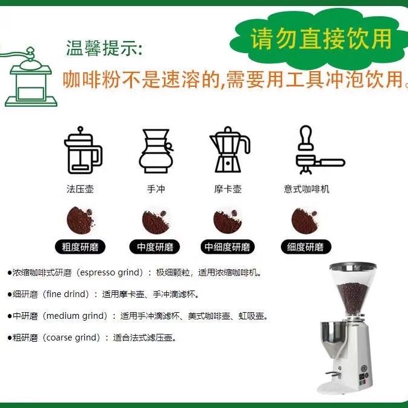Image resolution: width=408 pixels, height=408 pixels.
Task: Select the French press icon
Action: [81, 150]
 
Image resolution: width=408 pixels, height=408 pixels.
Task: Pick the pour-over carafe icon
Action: [155, 151]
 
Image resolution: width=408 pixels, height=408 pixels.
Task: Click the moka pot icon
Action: [229, 150]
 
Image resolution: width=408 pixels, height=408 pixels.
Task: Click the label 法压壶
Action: [80, 189]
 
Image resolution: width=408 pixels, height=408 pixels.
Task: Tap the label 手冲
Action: [155, 189]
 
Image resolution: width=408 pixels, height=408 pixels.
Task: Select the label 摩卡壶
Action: [228, 189]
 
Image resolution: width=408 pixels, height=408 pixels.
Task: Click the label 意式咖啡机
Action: [307, 189]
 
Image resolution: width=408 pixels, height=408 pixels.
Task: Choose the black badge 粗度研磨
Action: [80, 246]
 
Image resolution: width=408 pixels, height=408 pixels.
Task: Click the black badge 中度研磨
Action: [155, 246]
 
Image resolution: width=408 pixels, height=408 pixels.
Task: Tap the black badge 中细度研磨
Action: [227, 246]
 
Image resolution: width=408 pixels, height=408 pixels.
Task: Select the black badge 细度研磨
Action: [306, 246]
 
